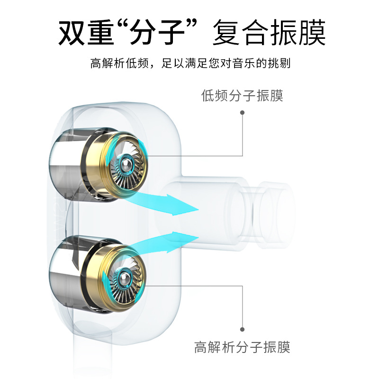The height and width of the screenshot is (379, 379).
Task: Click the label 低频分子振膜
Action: click(x=242, y=96)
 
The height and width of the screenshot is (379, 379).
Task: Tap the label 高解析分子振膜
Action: click(x=242, y=347)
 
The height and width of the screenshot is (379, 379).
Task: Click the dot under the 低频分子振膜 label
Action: click(x=243, y=113)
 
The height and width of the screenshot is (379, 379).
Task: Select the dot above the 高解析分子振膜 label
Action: click(x=243, y=329)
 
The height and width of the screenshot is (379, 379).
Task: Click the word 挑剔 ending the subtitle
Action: click(x=279, y=63)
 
